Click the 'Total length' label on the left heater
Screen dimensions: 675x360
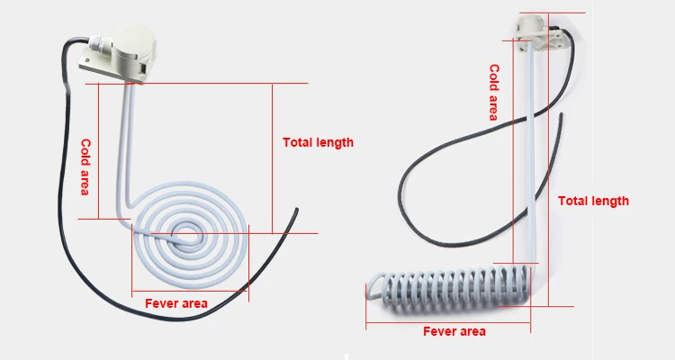point(318,142)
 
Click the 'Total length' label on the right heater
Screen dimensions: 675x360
point(593,201)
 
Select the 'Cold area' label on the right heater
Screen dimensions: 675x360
point(493,92)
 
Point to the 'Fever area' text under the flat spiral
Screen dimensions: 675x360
point(176,303)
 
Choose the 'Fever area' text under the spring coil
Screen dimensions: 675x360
point(454,331)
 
